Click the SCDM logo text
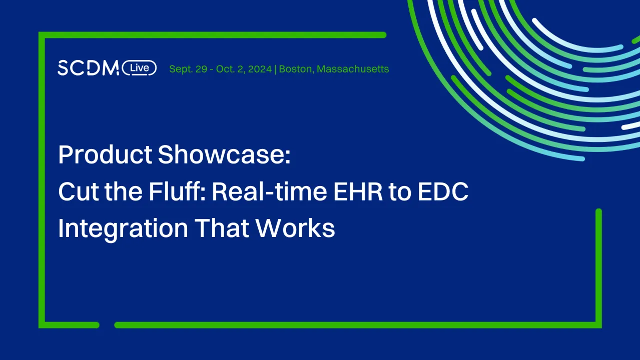click(x=88, y=68)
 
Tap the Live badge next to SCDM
click(x=139, y=68)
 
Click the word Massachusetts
click(x=353, y=69)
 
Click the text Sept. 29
click(x=188, y=69)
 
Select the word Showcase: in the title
click(x=224, y=155)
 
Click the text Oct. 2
click(x=229, y=69)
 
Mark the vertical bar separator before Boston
click(x=276, y=69)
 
